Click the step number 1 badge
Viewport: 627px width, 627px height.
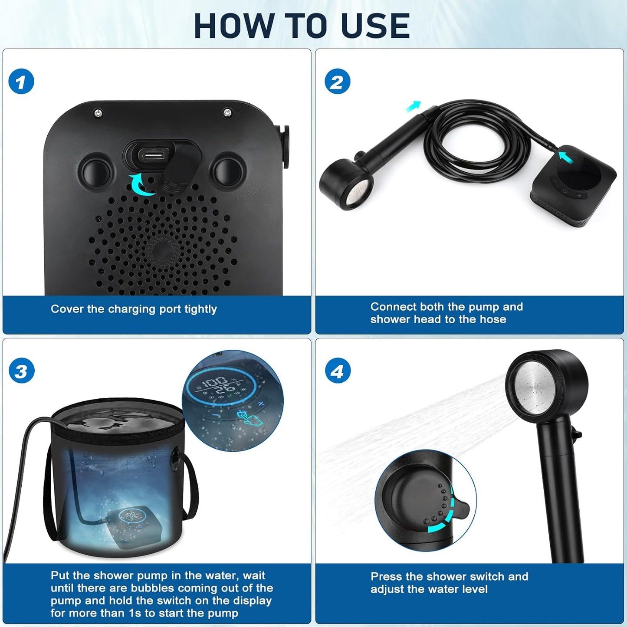pyautogui.click(x=21, y=82)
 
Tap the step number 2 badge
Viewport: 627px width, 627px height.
pyautogui.click(x=337, y=82)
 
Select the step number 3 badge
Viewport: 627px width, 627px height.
pyautogui.click(x=21, y=371)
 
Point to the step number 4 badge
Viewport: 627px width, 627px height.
pyautogui.click(x=337, y=371)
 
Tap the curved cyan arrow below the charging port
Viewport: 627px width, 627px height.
pyautogui.click(x=142, y=184)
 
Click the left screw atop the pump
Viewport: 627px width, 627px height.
pyautogui.click(x=98, y=113)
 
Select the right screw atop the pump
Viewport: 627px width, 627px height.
pyautogui.click(x=227, y=113)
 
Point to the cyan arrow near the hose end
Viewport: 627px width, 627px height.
pyautogui.click(x=414, y=106)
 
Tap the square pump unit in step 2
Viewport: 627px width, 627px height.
pyautogui.click(x=573, y=187)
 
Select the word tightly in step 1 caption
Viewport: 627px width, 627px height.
pyautogui.click(x=200, y=309)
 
